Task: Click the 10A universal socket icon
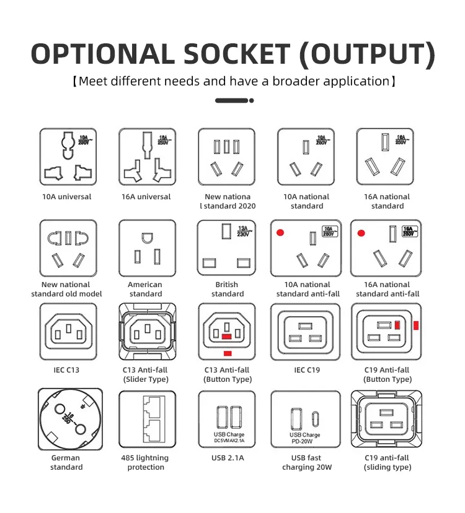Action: tap(66, 157)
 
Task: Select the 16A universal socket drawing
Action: tap(147, 157)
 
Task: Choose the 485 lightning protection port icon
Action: tap(147, 420)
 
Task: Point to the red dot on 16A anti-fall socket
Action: tap(360, 233)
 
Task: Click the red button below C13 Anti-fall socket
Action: tap(228, 353)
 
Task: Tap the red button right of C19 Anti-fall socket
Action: tap(416, 325)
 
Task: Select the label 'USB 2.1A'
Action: tap(228, 458)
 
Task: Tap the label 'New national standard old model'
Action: tap(66, 289)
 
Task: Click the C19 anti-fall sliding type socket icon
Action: tap(387, 420)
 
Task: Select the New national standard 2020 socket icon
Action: tap(226, 157)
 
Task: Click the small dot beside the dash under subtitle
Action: tap(250, 100)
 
